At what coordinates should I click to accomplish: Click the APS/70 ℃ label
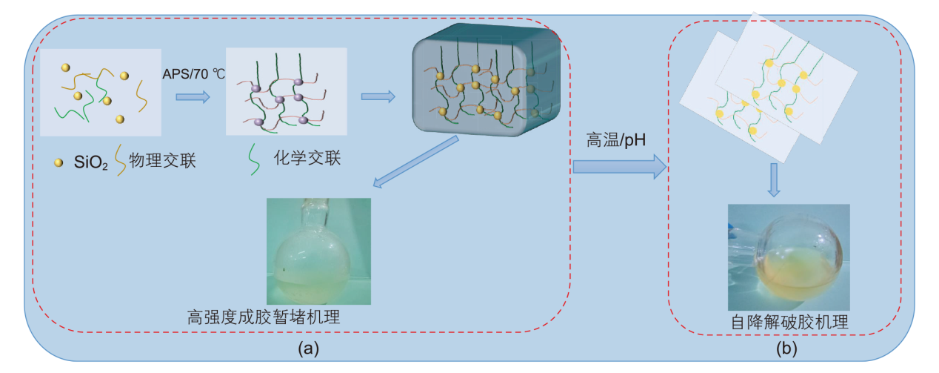tap(193, 74)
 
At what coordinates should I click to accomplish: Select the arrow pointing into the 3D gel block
tap(377, 96)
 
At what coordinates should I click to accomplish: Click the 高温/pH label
tap(612, 141)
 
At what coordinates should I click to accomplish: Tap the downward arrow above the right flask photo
tap(773, 179)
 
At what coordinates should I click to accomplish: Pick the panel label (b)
tap(786, 348)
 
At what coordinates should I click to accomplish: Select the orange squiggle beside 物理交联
tap(119, 161)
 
